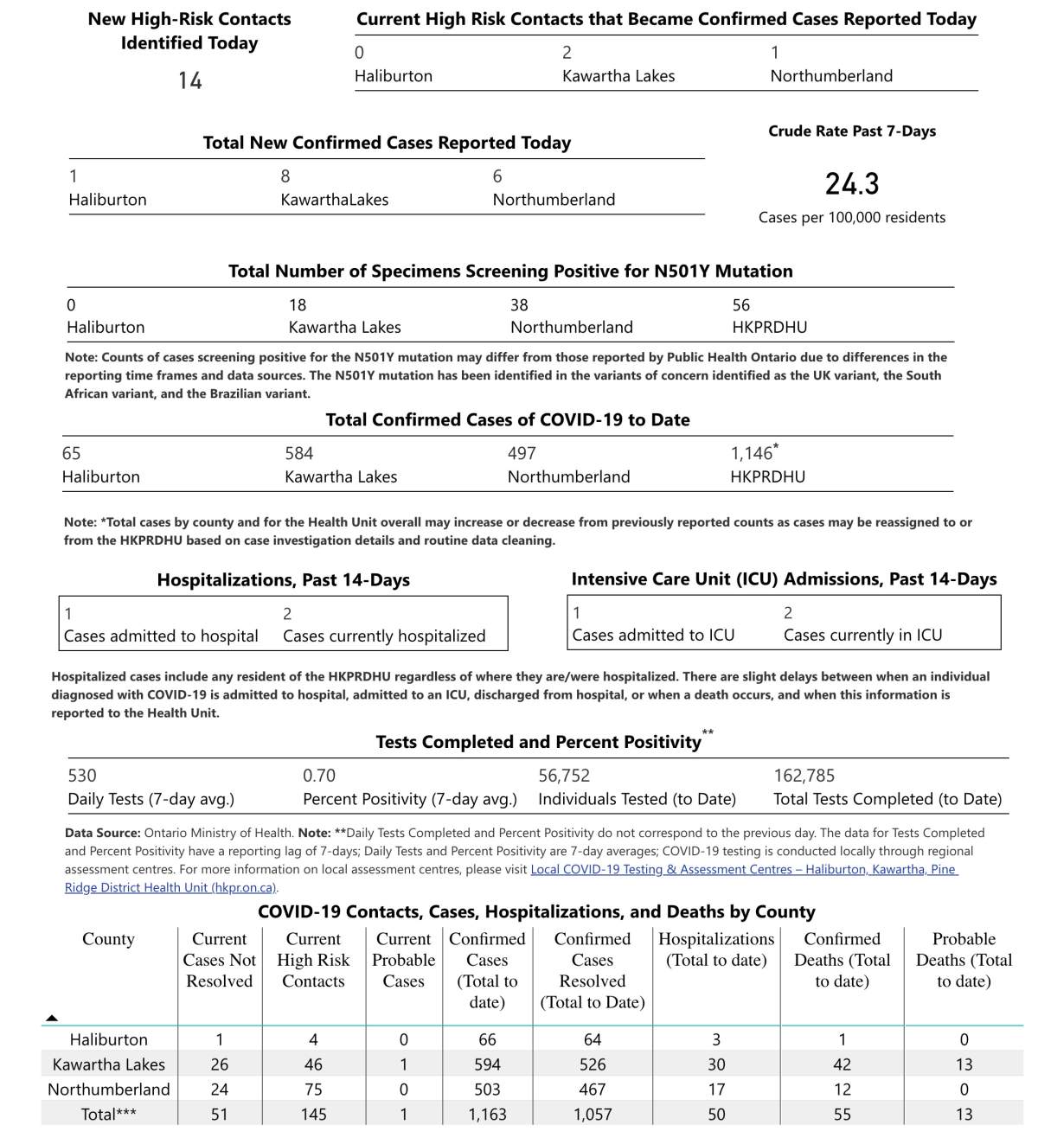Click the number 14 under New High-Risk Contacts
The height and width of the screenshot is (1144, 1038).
[x=190, y=81]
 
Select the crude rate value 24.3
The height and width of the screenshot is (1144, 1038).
[x=852, y=184]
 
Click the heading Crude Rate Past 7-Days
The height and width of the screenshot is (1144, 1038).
[x=852, y=131]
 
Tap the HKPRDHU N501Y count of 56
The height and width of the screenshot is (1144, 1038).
[x=741, y=305]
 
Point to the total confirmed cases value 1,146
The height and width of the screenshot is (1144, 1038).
[x=752, y=453]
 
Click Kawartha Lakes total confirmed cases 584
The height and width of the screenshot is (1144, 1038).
[x=299, y=453]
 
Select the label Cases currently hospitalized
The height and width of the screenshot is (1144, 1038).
[x=384, y=636]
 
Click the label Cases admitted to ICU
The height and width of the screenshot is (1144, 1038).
[x=653, y=636]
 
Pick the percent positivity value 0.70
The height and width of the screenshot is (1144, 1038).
[x=319, y=776]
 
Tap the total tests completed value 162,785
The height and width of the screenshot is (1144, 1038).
[x=804, y=776]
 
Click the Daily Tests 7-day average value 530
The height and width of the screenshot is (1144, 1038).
[x=82, y=776]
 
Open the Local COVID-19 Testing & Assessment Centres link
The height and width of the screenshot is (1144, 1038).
[x=744, y=869]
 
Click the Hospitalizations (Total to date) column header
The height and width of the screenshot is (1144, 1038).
[x=716, y=949]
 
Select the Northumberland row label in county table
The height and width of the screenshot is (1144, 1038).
[x=109, y=1090]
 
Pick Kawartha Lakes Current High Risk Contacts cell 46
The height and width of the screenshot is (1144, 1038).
[x=313, y=1064]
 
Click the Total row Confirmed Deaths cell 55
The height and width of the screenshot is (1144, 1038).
[x=843, y=1115]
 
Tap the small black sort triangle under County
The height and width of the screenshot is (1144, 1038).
[x=52, y=1018]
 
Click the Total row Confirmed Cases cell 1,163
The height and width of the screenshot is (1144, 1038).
[x=487, y=1115]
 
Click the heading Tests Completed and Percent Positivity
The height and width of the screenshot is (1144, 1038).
[x=538, y=742]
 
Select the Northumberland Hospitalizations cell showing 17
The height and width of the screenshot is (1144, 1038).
[x=716, y=1090]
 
